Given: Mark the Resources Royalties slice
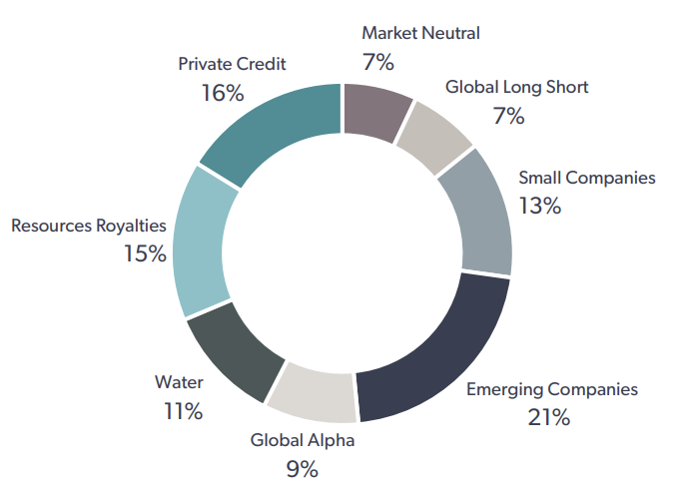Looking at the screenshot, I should pos(203,245).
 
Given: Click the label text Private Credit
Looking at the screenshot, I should pos(232,64).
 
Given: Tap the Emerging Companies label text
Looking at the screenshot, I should pos(551,389).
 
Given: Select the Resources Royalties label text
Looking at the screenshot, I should pos(88,226).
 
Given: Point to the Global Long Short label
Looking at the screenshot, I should pos(516,87).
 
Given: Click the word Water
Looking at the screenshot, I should pos(179,382).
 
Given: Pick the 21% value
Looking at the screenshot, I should pos(548,417).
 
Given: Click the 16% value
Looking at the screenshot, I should pos(223,93).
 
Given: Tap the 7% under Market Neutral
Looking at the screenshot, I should pos(378,62).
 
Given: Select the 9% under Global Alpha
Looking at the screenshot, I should pos(302,468).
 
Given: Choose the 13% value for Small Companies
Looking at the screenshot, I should pos(540,207).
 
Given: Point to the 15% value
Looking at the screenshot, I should pos(145,253).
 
